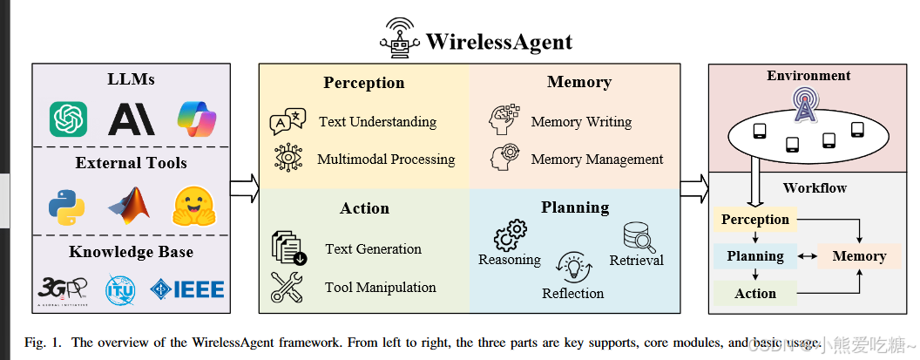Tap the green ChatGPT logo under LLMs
pyautogui.click(x=68, y=119)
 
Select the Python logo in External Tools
pyautogui.click(x=66, y=206)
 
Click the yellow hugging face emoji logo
pyautogui.click(x=193, y=206)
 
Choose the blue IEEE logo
pyautogui.click(x=187, y=289)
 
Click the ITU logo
pyautogui.click(x=120, y=289)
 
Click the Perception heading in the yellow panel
pyautogui.click(x=363, y=84)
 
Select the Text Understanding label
pyautogui.click(x=377, y=122)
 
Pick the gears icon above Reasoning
pyautogui.click(x=510, y=236)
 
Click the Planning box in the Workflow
pyautogui.click(x=755, y=256)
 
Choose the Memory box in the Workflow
pyautogui.click(x=859, y=256)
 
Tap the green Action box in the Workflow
pyautogui.click(x=755, y=293)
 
